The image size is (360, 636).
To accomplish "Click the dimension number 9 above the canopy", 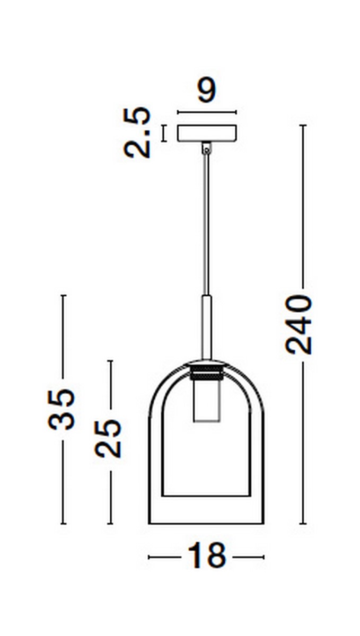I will pos(207,91).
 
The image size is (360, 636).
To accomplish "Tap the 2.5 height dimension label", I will pos(138,132).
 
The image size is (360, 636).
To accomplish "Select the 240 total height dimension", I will pos(299,324).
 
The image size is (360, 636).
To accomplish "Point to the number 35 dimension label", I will pos(62,409).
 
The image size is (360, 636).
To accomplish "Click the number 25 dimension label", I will pos(109,438).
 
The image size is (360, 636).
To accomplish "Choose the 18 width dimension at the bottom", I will pos(206,556).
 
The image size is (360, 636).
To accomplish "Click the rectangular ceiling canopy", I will pos(207,133).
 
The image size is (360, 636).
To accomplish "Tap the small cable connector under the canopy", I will pos(207,148).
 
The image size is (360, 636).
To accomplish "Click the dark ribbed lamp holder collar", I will pos(207,373).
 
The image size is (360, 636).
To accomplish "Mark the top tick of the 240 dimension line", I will pos(303,126).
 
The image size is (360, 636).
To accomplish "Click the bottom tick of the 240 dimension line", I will pos(303,524).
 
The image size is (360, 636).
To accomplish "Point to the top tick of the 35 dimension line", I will pos(63,295).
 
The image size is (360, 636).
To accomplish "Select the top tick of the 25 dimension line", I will pos(110,361).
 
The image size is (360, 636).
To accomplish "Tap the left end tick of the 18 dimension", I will pos(149,557).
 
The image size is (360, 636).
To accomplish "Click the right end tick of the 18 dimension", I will pos(264,557).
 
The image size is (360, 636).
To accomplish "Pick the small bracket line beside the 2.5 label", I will pos(164,133).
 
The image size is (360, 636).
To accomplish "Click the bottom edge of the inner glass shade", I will pos(207,496).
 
